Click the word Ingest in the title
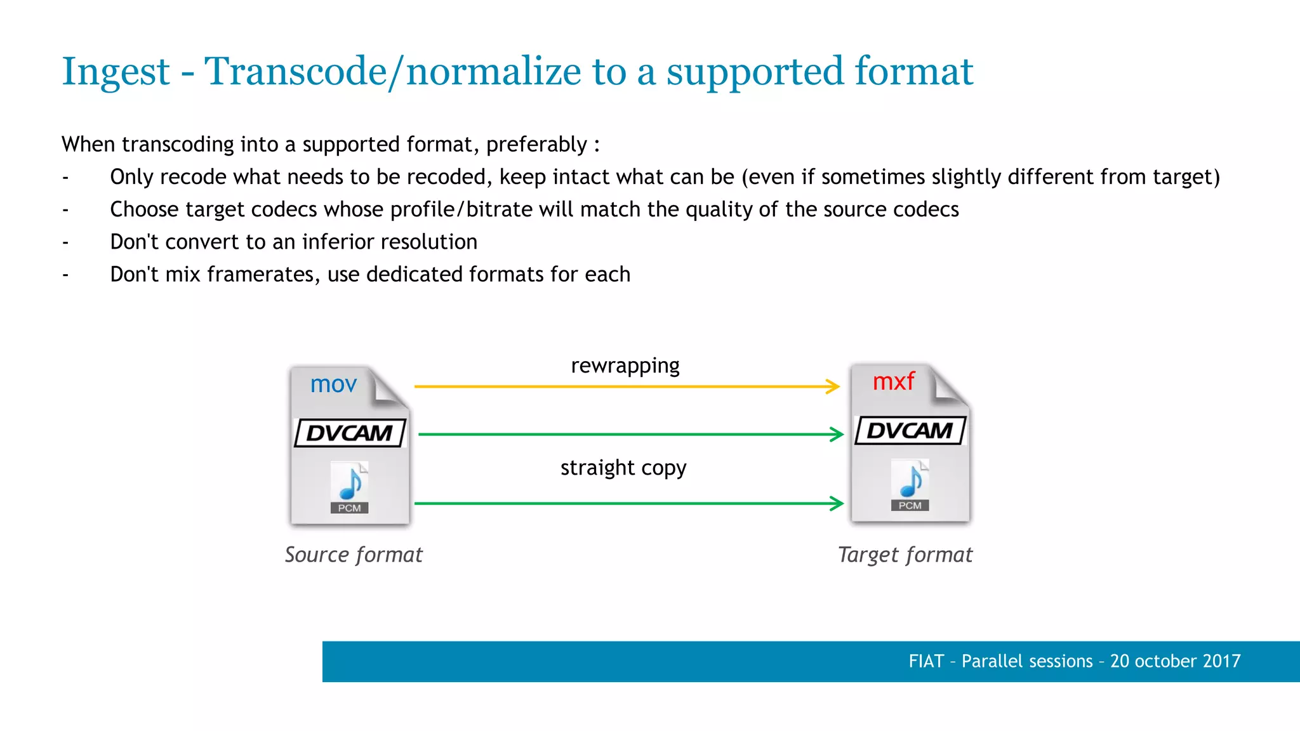pyautogui.click(x=116, y=72)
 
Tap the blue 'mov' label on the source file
pyautogui.click(x=333, y=384)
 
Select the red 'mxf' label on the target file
pyautogui.click(x=893, y=381)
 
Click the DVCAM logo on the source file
pyautogui.click(x=350, y=433)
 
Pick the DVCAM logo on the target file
pyautogui.click(x=910, y=430)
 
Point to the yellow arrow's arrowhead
pyautogui.click(x=833, y=386)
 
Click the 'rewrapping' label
pyautogui.click(x=625, y=365)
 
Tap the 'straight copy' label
pyautogui.click(x=623, y=468)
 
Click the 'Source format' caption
pyautogui.click(x=353, y=555)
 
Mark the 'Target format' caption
pyautogui.click(x=905, y=555)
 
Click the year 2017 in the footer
pyautogui.click(x=1221, y=661)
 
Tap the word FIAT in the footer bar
pyautogui.click(x=926, y=661)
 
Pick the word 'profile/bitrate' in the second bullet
pyautogui.click(x=461, y=209)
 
